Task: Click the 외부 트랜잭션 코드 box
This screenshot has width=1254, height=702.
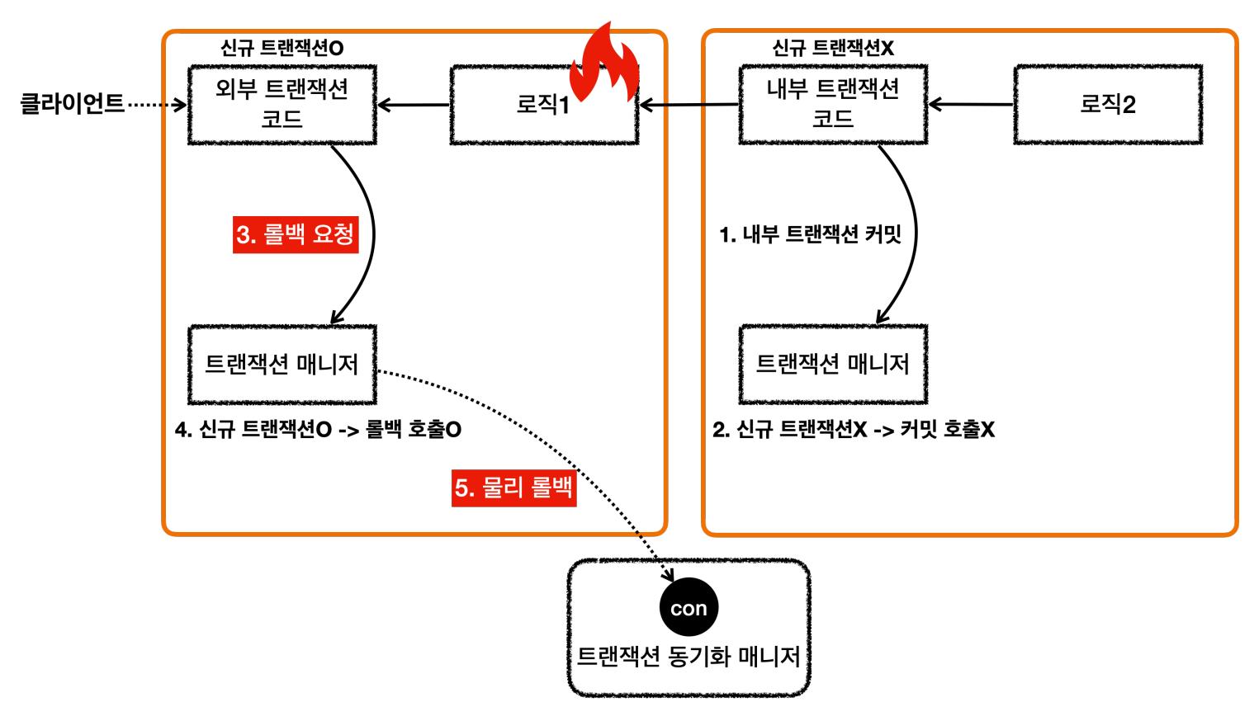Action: coord(282,105)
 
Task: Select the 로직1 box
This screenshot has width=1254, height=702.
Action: coord(543,106)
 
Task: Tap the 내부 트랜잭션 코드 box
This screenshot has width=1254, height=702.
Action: coord(833,105)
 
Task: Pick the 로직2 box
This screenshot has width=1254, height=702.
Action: coord(1108,105)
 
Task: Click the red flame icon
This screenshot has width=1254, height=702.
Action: coord(608,63)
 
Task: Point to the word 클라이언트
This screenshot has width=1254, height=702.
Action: coord(72,104)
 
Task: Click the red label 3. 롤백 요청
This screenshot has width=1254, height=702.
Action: coord(295,234)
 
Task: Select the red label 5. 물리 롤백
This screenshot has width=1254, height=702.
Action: coord(513,488)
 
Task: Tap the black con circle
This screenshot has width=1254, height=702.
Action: coord(689,608)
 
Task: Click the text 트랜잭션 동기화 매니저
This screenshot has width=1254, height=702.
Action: coord(689,657)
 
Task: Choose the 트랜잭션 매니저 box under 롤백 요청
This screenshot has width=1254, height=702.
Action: coord(282,364)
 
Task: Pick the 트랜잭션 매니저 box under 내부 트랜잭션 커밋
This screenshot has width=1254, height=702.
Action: coord(833,364)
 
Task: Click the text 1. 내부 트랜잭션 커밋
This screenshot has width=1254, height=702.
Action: coord(810,235)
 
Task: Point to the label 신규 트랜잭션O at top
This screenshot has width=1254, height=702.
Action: coord(282,48)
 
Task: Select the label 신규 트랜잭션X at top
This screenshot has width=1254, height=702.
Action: coord(832,48)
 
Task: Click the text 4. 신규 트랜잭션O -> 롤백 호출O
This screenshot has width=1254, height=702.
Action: coord(318,430)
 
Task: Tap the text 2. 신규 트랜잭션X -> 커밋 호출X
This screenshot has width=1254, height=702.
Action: coord(854,430)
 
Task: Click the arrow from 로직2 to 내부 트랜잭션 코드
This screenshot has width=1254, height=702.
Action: coord(971,105)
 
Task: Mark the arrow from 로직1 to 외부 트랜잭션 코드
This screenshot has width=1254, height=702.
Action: coord(414,105)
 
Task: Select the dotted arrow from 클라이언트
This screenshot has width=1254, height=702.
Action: coord(157,105)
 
